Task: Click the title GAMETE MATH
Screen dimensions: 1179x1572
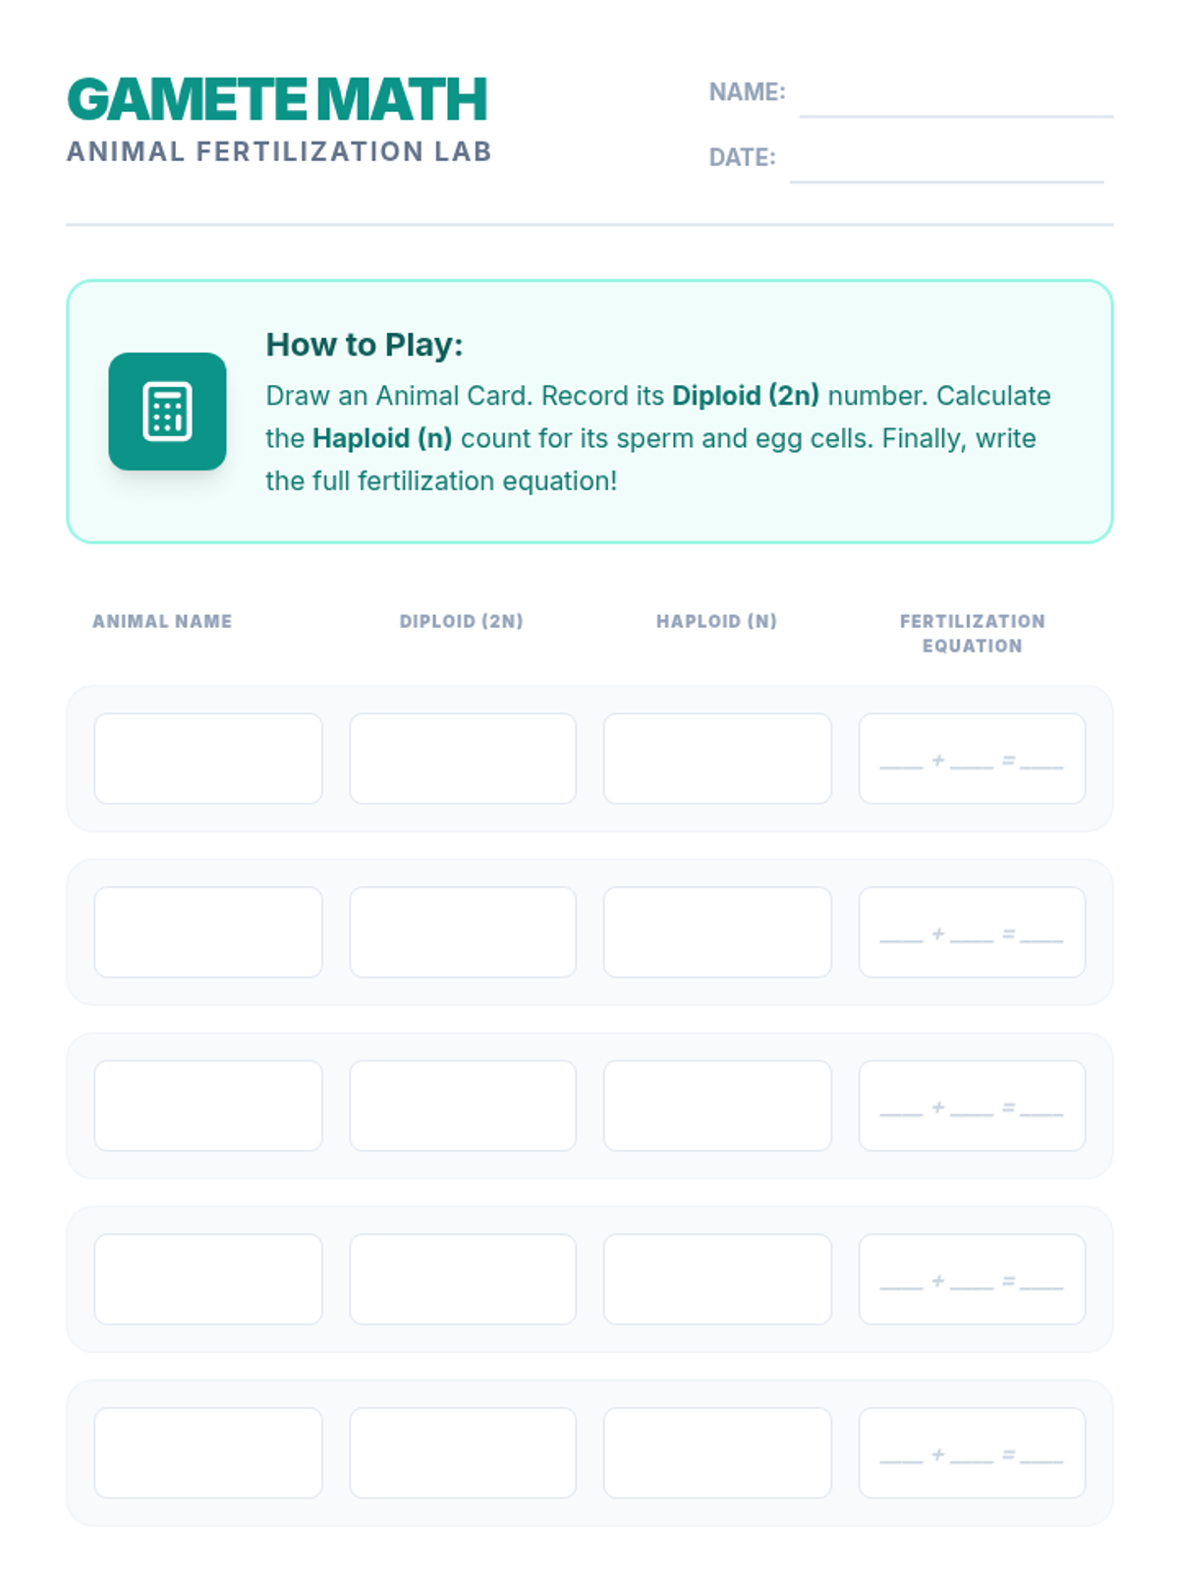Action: pyautogui.click(x=277, y=99)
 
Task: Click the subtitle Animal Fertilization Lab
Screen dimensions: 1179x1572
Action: pyautogui.click(x=279, y=152)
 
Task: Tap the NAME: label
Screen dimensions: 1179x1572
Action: pyautogui.click(x=747, y=91)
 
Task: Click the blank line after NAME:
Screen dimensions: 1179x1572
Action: pyautogui.click(x=956, y=115)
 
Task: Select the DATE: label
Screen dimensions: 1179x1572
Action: pyautogui.click(x=742, y=157)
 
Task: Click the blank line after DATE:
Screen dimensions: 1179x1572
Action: pyautogui.click(x=946, y=181)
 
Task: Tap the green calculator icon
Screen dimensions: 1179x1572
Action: pyautogui.click(x=167, y=411)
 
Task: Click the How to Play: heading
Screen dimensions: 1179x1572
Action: pyautogui.click(x=365, y=345)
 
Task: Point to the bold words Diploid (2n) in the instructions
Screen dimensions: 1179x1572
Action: pyautogui.click(x=745, y=395)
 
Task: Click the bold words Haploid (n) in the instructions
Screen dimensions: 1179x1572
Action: pyautogui.click(x=382, y=438)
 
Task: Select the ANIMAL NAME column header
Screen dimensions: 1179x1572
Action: pyautogui.click(x=162, y=621)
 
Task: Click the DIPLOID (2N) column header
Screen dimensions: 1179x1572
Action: pyautogui.click(x=462, y=621)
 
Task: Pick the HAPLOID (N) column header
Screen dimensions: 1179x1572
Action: pyautogui.click(x=716, y=621)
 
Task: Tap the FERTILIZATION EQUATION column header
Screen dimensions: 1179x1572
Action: pyautogui.click(x=972, y=633)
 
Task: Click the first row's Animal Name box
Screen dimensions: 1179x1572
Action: pyautogui.click(x=208, y=758)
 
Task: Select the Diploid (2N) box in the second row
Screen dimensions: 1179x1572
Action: pyautogui.click(x=463, y=931)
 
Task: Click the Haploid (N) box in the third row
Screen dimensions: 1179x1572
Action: pyautogui.click(x=717, y=1105)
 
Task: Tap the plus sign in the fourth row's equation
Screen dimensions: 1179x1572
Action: pyautogui.click(x=937, y=1280)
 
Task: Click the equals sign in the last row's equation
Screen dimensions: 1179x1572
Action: pyautogui.click(x=1008, y=1454)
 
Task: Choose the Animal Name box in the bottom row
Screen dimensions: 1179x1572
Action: pyautogui.click(x=208, y=1452)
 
